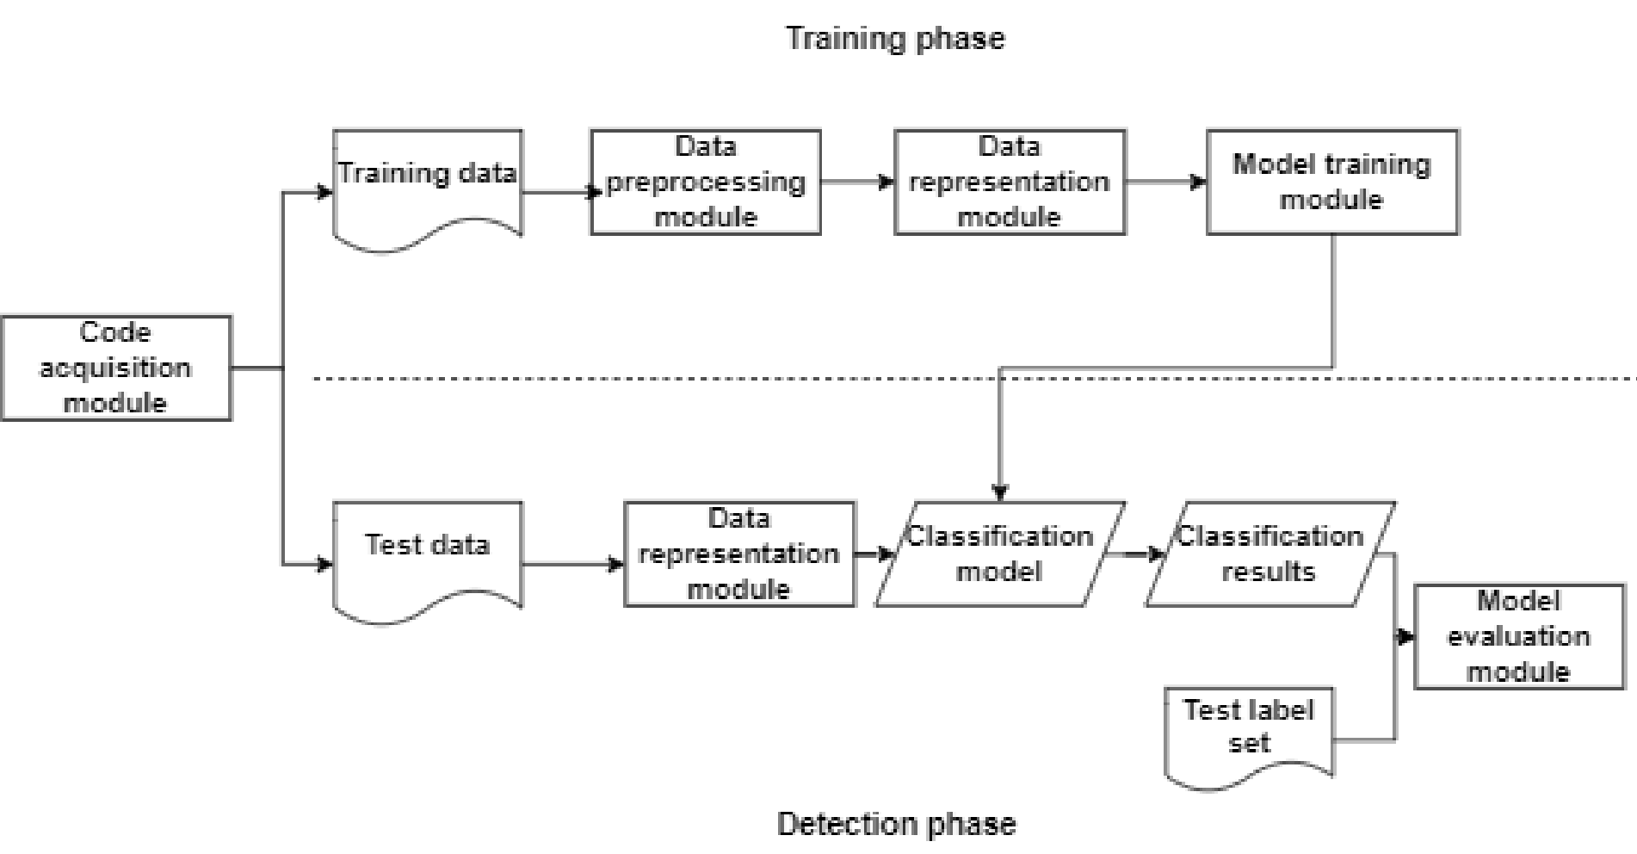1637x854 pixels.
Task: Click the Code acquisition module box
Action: coord(116,368)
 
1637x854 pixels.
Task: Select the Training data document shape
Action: coord(427,184)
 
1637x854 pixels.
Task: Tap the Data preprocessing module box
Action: coord(706,183)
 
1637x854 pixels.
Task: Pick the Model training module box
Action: coord(1332,183)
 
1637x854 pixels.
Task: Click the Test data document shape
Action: coord(427,556)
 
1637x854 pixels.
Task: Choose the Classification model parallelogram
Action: coord(1000,554)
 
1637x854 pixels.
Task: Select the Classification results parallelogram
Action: coord(1270,554)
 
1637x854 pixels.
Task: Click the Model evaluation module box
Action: coord(1519,636)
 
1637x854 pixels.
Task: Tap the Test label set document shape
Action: coord(1249,732)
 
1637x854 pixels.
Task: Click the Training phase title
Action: coord(895,39)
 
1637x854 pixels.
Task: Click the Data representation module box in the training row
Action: coord(1010,183)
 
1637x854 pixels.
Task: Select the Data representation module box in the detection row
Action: coord(739,554)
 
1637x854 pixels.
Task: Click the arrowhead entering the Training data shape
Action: coord(324,192)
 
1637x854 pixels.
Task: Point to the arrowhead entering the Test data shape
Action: coord(324,565)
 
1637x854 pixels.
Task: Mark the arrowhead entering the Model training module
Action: coord(1197,183)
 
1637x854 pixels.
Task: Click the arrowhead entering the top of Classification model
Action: coord(999,492)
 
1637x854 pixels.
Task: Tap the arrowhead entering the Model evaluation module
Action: coord(1405,637)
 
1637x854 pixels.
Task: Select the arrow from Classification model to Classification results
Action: coord(1134,554)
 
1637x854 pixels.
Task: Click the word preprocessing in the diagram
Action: coord(706,183)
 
